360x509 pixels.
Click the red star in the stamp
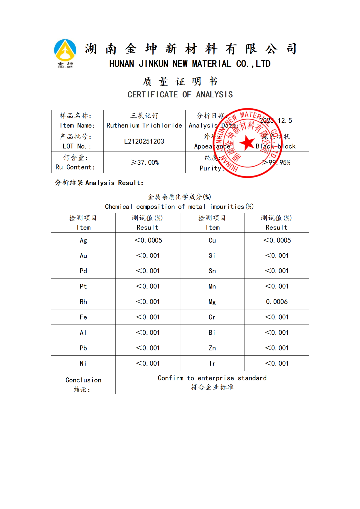coord(247,143)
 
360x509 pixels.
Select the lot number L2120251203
coord(144,141)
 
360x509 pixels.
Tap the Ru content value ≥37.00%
coord(145,162)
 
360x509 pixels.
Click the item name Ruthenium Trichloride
coord(144,125)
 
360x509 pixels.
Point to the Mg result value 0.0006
coord(277,302)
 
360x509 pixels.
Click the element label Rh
coord(83,302)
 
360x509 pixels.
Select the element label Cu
coord(212,240)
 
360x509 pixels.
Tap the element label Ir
coord(212,363)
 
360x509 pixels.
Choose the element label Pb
coord(83,348)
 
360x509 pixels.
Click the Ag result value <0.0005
coord(148,240)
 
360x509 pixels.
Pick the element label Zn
coord(212,348)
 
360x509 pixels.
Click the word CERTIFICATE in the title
coord(153,95)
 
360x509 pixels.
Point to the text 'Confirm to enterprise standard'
coord(212,378)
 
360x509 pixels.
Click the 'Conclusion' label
coord(83,380)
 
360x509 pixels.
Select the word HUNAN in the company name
coord(122,64)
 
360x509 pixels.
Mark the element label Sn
coord(212,271)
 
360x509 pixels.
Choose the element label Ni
coord(83,363)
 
